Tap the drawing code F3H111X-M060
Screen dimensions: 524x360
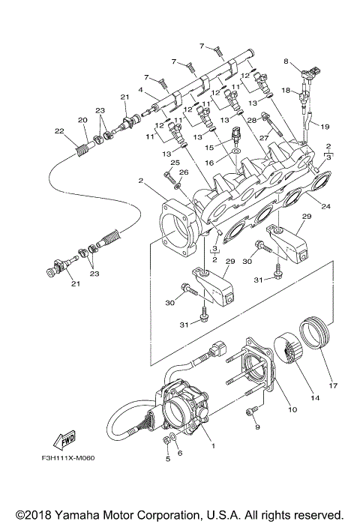[57, 459]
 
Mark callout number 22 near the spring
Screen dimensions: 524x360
[58, 131]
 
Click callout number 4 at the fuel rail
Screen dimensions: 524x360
[140, 91]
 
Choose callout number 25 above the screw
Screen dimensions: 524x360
[174, 162]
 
